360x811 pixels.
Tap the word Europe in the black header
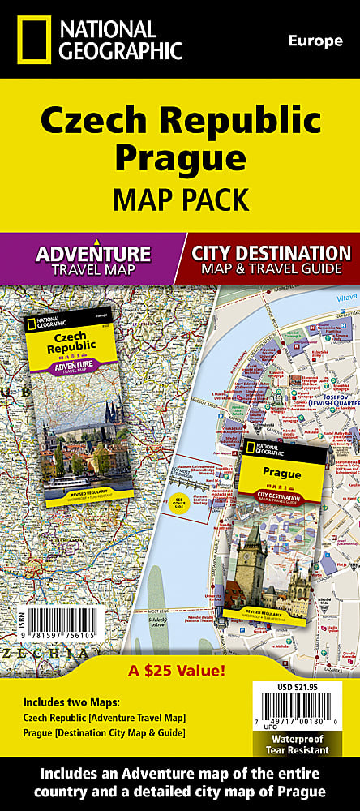click(315, 41)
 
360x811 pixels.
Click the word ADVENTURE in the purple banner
click(92, 252)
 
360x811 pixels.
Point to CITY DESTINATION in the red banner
click(271, 252)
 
